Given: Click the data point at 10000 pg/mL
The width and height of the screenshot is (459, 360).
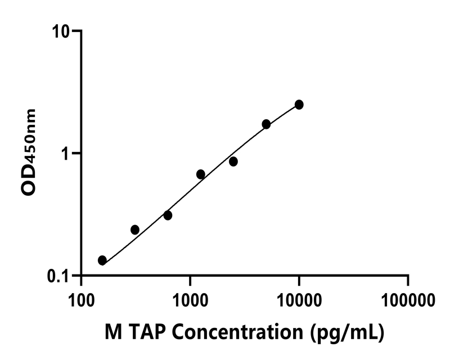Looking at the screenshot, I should click(x=299, y=105).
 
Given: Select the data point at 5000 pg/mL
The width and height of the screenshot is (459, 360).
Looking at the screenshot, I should click(x=266, y=124).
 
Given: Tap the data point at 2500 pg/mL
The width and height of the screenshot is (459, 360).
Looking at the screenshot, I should click(x=233, y=161).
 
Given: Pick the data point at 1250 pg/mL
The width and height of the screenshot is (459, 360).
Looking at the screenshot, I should click(x=200, y=174).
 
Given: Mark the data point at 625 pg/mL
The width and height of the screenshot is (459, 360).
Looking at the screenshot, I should click(x=168, y=215).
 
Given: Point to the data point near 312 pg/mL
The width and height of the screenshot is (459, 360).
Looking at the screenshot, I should click(x=135, y=229).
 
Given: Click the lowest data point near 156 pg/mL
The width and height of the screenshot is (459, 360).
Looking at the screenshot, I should click(x=102, y=260).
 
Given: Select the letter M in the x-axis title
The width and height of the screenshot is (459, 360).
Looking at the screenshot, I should click(x=114, y=333).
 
